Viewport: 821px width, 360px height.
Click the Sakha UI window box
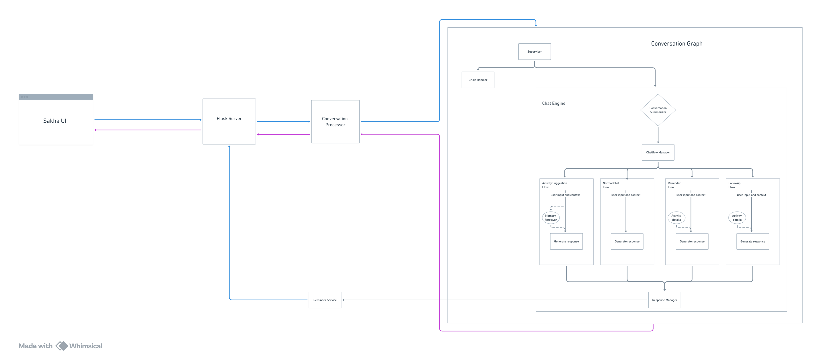pyautogui.click(x=56, y=120)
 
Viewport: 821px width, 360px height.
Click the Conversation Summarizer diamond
pyautogui.click(x=658, y=110)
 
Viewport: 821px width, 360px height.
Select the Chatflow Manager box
pyautogui.click(x=658, y=152)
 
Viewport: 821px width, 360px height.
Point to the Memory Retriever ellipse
pyautogui.click(x=550, y=218)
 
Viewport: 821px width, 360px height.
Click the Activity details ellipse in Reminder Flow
pyautogui.click(x=676, y=218)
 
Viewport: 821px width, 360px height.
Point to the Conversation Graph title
pyautogui.click(x=676, y=44)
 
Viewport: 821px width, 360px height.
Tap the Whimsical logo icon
pyautogui.click(x=61, y=346)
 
